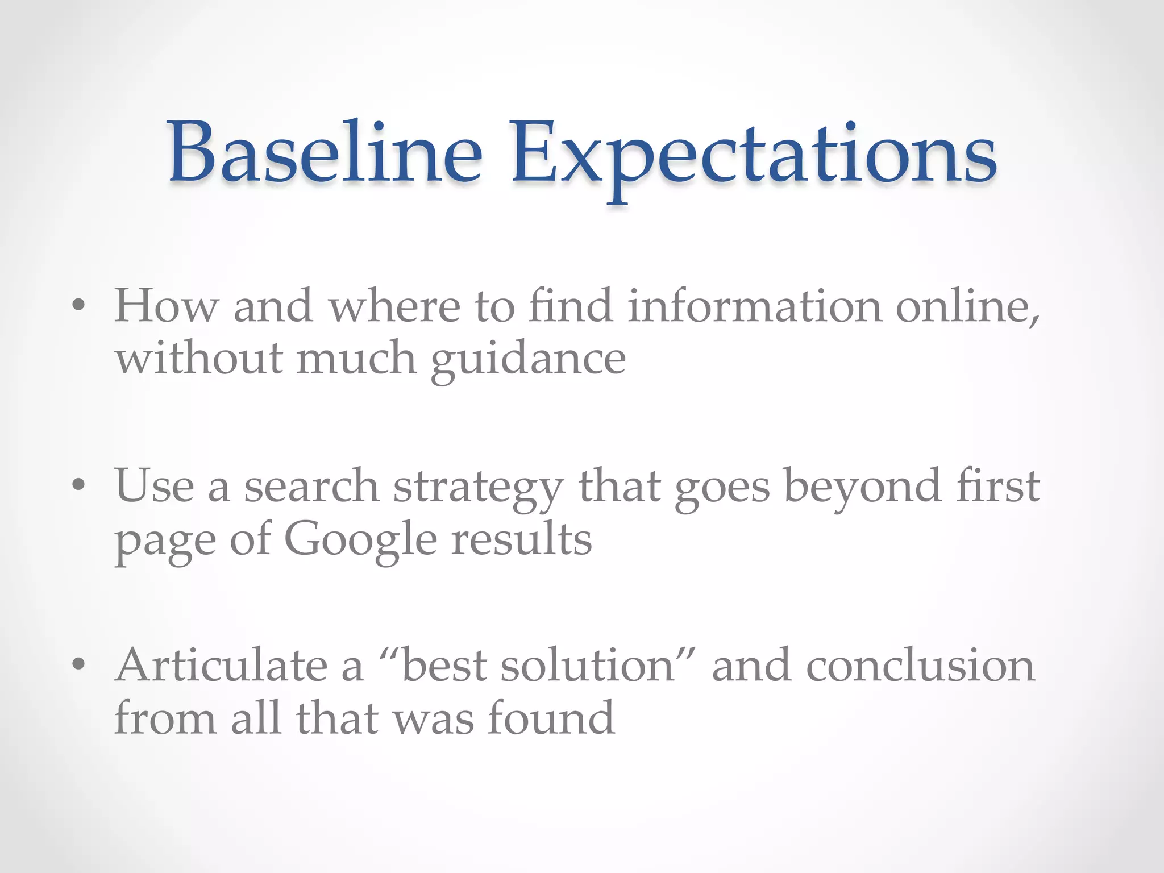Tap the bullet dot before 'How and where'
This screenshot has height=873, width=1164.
click(79, 306)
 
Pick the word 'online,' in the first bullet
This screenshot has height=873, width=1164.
click(968, 307)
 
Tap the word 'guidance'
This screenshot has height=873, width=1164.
click(528, 361)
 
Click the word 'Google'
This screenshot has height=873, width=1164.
click(360, 540)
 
